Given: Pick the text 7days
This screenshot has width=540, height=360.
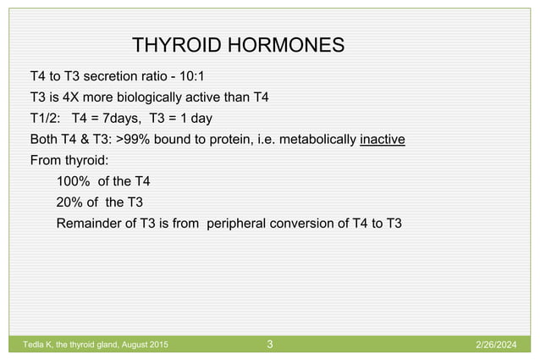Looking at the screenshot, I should coord(121,118).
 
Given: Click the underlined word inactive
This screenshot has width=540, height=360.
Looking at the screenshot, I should coord(382,139).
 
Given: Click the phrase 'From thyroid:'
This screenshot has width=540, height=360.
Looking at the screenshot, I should coord(63,160).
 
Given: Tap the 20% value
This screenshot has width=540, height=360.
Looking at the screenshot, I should coord(70,202).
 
